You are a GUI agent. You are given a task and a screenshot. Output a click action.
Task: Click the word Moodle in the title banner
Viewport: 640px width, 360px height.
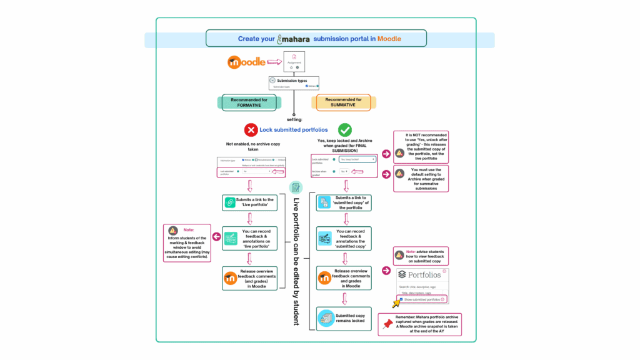[x=389, y=39]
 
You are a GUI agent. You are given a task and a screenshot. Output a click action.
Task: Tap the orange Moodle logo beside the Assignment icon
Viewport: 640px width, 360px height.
[x=246, y=62]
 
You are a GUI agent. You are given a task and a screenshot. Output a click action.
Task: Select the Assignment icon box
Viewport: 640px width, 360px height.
[x=294, y=62]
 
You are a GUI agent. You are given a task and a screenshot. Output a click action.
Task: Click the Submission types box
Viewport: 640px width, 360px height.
[x=294, y=83]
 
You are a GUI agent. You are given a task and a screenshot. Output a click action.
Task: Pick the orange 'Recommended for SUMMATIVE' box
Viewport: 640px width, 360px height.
[x=343, y=102]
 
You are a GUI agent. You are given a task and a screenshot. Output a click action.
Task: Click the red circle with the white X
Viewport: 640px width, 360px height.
[x=251, y=130]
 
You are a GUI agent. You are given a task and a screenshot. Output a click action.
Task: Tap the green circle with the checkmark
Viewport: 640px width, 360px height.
[x=344, y=130]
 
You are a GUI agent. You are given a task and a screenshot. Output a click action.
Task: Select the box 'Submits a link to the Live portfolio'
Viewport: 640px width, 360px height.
[x=250, y=202]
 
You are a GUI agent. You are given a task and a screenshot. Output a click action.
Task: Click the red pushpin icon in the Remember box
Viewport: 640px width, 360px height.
[x=389, y=324]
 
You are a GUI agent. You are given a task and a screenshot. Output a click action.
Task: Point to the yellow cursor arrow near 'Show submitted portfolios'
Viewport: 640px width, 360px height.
[x=395, y=303]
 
